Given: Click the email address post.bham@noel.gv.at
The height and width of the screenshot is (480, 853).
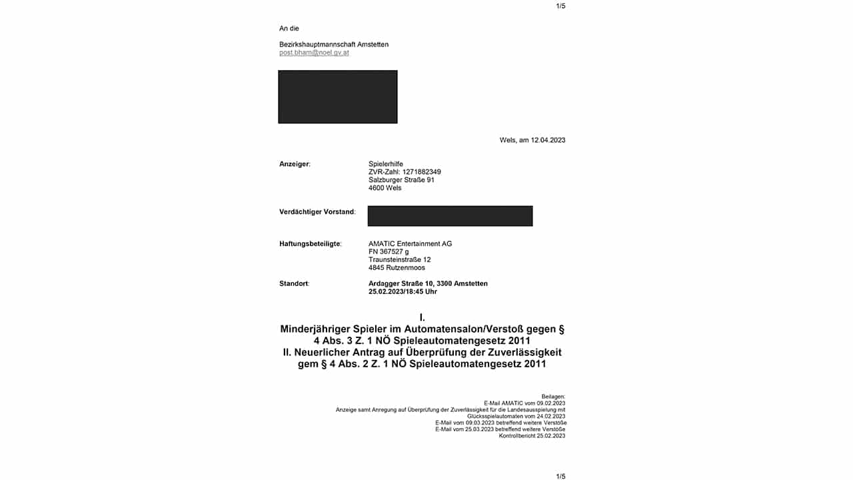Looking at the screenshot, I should [314, 53].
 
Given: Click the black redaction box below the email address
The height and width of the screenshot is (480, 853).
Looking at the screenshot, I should [337, 97].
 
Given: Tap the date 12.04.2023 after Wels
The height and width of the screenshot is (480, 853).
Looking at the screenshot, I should [548, 140].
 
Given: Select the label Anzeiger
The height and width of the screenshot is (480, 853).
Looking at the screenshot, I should [295, 164].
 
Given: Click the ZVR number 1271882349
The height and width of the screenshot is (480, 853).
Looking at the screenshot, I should [421, 172].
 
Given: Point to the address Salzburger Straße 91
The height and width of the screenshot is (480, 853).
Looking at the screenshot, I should [401, 180].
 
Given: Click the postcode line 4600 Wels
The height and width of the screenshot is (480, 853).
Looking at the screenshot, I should [385, 188].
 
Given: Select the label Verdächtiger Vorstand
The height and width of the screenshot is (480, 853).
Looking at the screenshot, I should [317, 212].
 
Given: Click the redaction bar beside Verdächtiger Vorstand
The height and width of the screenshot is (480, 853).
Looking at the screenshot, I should [450, 216].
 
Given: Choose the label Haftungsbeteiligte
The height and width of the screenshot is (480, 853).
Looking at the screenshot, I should [310, 244].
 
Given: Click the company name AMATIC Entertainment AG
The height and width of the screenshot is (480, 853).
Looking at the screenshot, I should [410, 244].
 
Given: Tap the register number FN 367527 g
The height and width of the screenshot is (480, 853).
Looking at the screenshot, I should [389, 252].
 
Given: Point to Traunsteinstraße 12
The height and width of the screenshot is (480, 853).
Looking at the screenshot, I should [399, 260].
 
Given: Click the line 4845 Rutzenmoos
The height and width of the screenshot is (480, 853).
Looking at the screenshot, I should [397, 268].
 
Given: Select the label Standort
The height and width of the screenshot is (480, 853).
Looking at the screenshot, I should [294, 284].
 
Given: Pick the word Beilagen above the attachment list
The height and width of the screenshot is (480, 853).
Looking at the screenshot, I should [553, 396].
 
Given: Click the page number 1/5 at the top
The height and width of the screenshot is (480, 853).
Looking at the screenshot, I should [560, 6].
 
